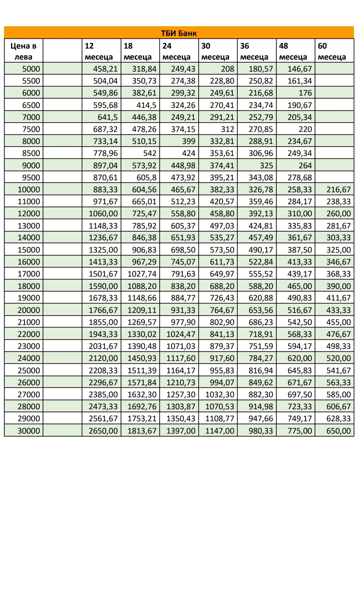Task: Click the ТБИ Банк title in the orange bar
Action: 179,33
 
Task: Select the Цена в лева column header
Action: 23,51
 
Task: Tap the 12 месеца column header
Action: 99,51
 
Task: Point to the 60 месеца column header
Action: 332,51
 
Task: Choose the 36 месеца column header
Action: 254,51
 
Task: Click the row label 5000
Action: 31,69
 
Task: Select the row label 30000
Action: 29,431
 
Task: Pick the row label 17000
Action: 29,274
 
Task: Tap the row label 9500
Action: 31,177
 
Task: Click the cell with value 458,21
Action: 105,69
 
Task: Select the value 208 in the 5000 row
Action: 228,69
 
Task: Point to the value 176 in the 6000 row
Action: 305,93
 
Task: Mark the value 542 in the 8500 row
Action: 150,153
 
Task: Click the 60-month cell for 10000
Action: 338,190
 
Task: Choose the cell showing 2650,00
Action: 103,431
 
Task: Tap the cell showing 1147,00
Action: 220,431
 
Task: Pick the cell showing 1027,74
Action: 142,274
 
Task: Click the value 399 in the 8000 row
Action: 189,141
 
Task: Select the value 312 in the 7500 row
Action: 228,129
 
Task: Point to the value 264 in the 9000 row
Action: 305,165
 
